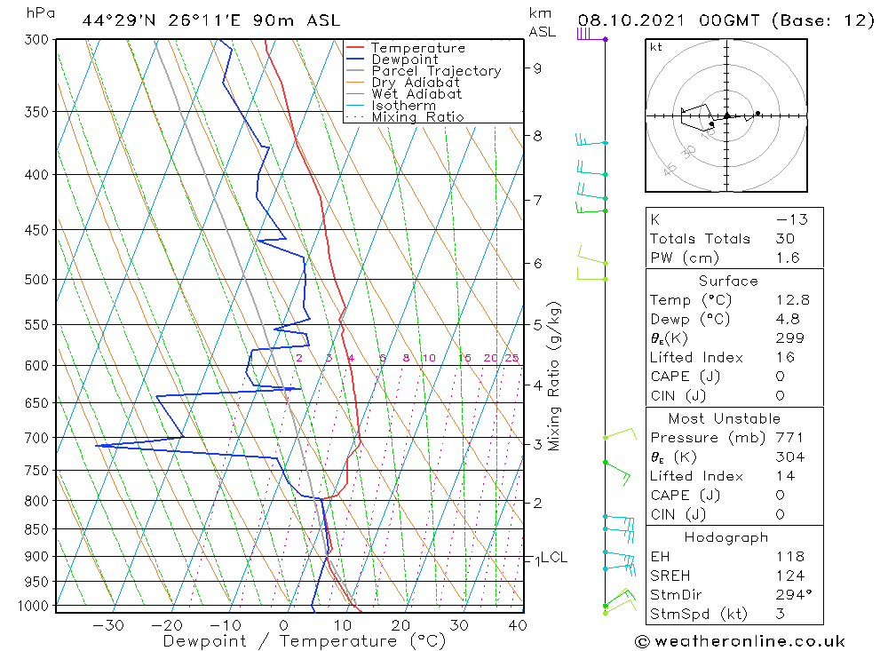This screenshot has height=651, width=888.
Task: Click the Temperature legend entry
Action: (x=417, y=48)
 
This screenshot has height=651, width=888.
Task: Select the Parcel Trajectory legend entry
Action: (x=436, y=71)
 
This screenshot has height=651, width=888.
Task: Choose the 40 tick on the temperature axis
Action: (x=517, y=624)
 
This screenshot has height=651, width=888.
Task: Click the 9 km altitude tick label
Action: (x=537, y=67)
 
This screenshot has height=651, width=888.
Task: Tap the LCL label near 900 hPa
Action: (x=554, y=558)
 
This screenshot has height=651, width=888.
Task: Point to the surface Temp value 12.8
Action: (x=792, y=300)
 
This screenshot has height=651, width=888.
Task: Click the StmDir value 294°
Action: (x=789, y=595)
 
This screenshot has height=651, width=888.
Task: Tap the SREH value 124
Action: (x=789, y=576)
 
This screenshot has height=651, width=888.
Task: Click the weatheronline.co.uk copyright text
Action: (x=740, y=641)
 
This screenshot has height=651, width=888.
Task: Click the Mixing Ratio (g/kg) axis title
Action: (x=555, y=376)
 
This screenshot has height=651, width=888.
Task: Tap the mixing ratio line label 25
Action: (x=511, y=358)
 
